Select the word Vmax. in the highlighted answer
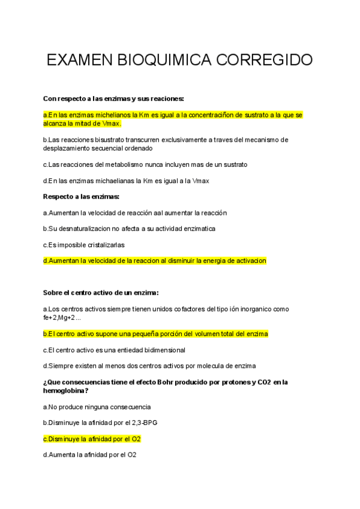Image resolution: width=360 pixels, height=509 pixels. click(112, 123)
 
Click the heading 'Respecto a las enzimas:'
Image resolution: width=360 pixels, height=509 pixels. click(82, 196)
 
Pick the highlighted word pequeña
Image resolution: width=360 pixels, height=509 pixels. click(131, 333)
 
